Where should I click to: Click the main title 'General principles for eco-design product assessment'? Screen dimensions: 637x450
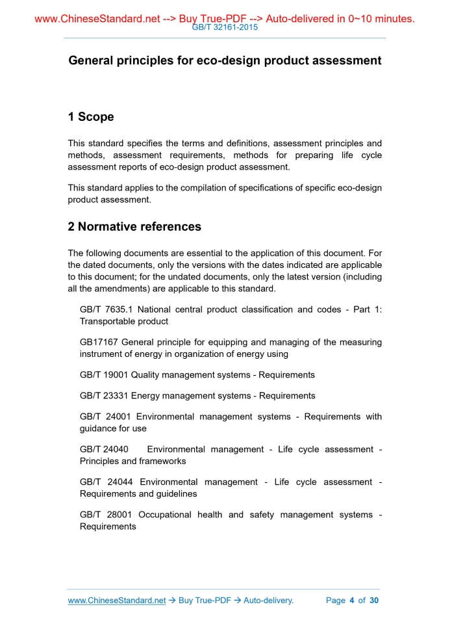pyautogui.click(x=225, y=60)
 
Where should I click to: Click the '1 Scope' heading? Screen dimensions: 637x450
pyautogui.click(x=91, y=117)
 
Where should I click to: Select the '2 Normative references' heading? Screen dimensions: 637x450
pyautogui.click(x=134, y=227)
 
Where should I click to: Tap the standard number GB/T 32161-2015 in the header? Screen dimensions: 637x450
pyautogui.click(x=225, y=28)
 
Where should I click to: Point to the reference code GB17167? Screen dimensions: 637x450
pyautogui.click(x=98, y=342)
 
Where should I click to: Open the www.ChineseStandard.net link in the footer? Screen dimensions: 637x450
pyautogui.click(x=117, y=601)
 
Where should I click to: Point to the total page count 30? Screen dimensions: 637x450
pyautogui.click(x=374, y=601)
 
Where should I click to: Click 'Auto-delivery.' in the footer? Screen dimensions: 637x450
pyautogui.click(x=268, y=601)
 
